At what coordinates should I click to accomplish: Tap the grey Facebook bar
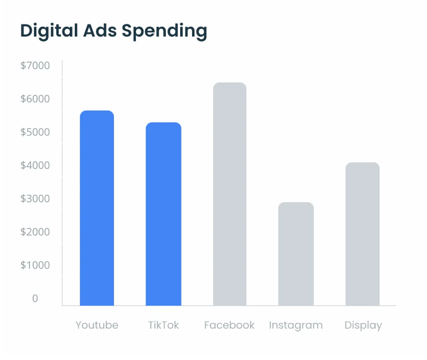[x=230, y=194]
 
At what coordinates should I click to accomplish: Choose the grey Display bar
[x=362, y=234]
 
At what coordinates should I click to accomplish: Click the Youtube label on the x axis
[x=97, y=325]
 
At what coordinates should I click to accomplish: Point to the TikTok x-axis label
[x=163, y=325]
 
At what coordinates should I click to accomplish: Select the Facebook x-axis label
[x=229, y=325]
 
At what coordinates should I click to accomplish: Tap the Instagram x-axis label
[x=296, y=325]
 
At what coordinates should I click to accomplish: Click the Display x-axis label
[x=363, y=325]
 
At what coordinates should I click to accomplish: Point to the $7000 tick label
[x=35, y=65]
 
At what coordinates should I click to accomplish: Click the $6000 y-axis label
[x=35, y=99]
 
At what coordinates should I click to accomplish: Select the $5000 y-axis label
[x=35, y=132]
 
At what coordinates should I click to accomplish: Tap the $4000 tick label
[x=35, y=165]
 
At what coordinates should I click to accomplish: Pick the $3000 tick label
[x=35, y=198]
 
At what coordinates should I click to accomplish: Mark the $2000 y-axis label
[x=35, y=232]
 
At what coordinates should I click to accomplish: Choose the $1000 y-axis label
[x=35, y=265]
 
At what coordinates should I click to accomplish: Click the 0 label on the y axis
[x=35, y=298]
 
